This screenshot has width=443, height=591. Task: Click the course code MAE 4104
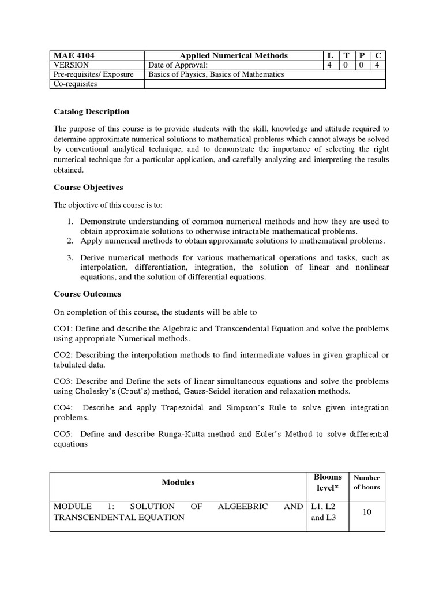coord(74,56)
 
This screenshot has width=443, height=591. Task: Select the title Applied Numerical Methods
coord(234,56)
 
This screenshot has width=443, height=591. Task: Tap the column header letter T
coord(346,56)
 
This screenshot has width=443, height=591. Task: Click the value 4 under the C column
coord(378,65)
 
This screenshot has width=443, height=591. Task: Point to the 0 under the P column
coord(362,65)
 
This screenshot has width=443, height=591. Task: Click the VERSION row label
coord(71,65)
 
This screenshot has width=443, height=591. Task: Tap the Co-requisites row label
coord(76,84)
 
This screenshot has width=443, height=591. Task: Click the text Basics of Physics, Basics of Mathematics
coord(216,74)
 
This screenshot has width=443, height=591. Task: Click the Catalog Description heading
coord(91,111)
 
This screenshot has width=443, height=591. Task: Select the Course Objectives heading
coord(88,188)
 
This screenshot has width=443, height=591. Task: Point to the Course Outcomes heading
coord(87,294)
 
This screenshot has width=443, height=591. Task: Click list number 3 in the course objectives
coord(70,257)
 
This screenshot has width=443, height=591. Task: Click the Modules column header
coord(178,482)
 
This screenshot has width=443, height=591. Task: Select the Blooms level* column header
coord(328,482)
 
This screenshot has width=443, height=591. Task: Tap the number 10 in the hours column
coord(366,511)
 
